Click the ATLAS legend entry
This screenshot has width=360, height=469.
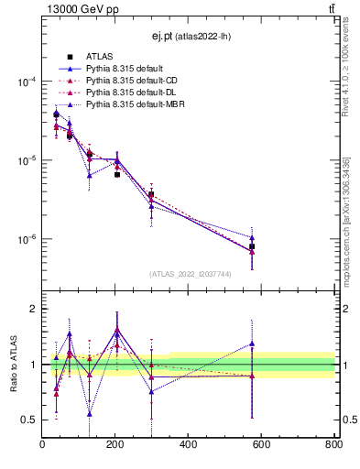97,58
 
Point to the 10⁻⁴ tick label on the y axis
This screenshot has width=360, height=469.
27,82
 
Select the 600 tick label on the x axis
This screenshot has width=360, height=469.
261,444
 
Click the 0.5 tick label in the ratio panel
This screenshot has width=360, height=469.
29,420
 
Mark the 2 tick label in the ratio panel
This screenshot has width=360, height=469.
34,309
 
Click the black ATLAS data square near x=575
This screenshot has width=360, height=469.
252,247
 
